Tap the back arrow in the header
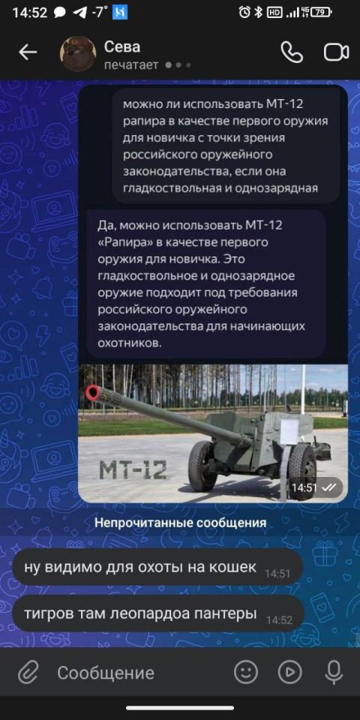coord(28,52)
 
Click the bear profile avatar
coord(78,54)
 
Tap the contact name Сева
coord(122,46)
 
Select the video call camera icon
coord(337,52)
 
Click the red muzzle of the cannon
coord(93,392)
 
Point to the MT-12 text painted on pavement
coord(133,469)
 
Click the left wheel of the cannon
coord(202,466)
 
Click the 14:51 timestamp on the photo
coord(304,488)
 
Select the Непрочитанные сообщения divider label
coord(181,523)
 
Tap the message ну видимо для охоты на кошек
coord(140,567)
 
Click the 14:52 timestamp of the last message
coord(279,620)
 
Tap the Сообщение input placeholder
coord(106,673)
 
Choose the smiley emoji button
coord(246,673)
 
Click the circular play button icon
coord(290,673)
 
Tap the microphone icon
coord(333,673)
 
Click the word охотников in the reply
coord(130,343)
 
